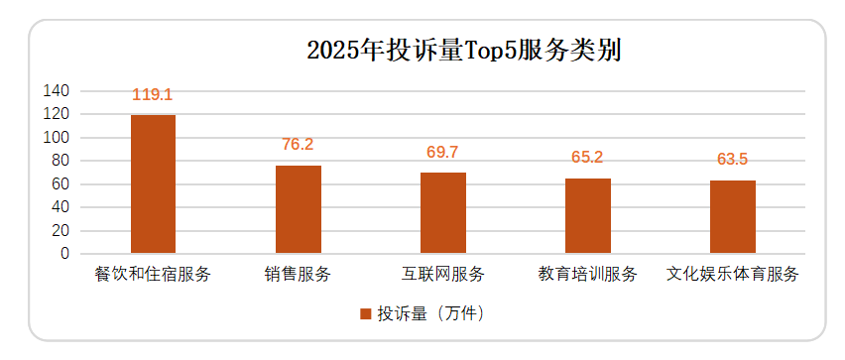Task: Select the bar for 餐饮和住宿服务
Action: (x=153, y=184)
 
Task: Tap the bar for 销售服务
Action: (x=298, y=209)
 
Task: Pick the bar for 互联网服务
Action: (x=442, y=213)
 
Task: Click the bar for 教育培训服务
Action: (x=588, y=216)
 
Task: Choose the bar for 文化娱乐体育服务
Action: (x=733, y=217)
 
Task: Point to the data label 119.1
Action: (x=153, y=95)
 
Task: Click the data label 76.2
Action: (x=298, y=145)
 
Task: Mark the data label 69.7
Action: (x=442, y=153)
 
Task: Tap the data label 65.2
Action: (x=588, y=158)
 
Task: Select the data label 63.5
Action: (x=733, y=160)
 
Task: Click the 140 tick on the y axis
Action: (x=58, y=91)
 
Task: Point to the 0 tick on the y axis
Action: (x=65, y=254)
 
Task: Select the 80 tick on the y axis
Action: (x=60, y=161)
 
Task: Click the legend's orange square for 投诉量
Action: (x=365, y=314)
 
